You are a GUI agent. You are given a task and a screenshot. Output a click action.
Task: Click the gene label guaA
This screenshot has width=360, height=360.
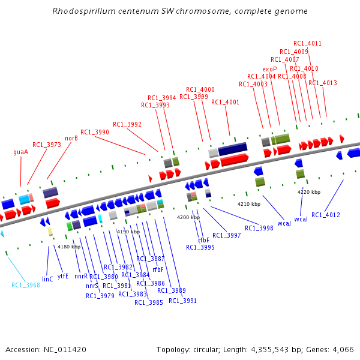[21, 152]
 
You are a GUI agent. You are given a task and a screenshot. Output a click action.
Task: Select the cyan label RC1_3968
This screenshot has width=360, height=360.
[26, 285]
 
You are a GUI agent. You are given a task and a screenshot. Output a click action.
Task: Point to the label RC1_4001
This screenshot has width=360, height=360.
[225, 102]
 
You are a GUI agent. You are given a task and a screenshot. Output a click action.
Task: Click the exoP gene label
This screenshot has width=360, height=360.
[269, 69]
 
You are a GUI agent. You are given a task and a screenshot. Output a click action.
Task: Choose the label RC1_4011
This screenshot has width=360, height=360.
[307, 43]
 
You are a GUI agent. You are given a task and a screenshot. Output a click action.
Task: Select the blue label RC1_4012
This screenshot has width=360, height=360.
[326, 215]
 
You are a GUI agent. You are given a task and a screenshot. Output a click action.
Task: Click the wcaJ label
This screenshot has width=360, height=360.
[284, 223]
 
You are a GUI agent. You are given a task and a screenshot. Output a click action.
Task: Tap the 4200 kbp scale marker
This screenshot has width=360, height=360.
[188, 217]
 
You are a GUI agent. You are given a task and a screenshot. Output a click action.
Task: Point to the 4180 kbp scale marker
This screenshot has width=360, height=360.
[68, 247]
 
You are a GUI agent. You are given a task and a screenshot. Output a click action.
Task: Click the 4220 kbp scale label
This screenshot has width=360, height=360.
[309, 192]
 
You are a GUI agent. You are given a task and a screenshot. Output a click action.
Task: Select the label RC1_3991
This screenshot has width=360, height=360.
[182, 301]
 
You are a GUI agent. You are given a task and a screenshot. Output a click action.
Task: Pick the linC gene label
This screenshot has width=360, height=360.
[47, 279]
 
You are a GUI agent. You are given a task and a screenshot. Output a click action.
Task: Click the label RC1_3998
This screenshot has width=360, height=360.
[259, 228]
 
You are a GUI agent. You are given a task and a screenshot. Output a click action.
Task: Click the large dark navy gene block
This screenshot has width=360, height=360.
[233, 148]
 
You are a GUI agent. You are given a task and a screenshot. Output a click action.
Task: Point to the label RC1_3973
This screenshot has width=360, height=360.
[47, 145]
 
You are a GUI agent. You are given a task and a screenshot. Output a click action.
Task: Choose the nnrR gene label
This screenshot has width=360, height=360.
[81, 277]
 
